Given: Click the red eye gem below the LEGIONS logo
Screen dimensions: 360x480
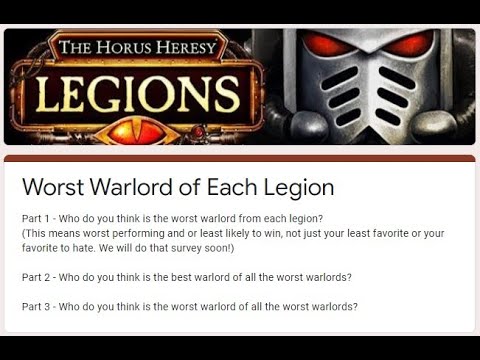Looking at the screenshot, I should pos(136,130).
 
